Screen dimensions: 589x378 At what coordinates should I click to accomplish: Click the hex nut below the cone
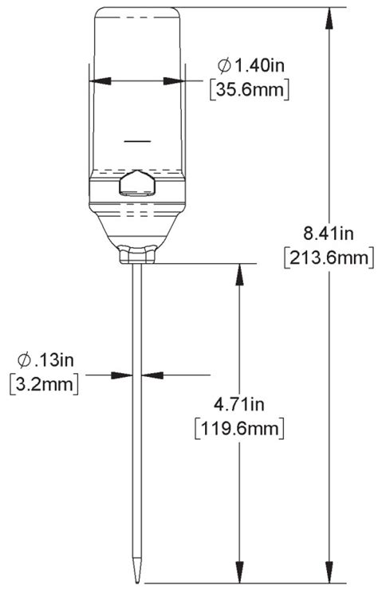[x=138, y=255]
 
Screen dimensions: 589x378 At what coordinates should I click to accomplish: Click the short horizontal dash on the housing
[x=138, y=141]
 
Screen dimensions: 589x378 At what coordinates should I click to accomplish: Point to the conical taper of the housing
[x=138, y=230]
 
